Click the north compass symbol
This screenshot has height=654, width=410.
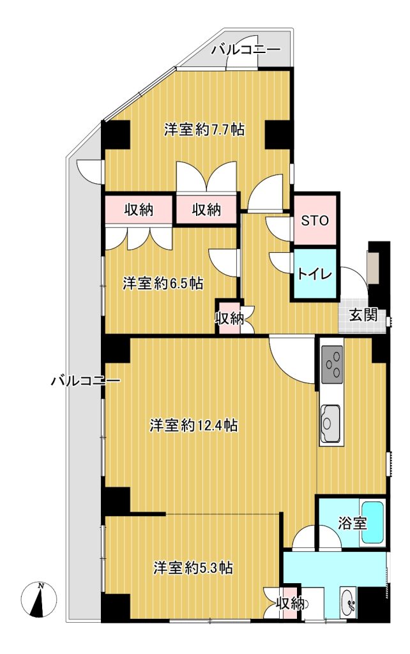pos(39,600)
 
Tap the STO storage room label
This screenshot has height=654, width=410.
pos(315,220)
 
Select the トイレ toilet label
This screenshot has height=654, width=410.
pos(314,274)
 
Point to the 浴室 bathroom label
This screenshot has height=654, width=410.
pos(353,523)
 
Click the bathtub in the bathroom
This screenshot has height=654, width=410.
pos(372,522)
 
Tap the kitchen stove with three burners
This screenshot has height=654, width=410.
pos(333,364)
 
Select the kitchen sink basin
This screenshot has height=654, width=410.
pos(330,423)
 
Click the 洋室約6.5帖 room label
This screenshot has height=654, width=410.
pos(163,284)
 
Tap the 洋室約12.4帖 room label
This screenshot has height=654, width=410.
pos(194,426)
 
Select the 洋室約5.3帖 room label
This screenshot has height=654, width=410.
pos(193,568)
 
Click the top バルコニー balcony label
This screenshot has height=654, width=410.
pos(245,50)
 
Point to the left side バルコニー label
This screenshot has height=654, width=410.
pos(86,381)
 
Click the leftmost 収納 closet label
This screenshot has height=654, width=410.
pos(139,210)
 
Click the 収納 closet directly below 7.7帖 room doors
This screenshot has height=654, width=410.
pos(207,210)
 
